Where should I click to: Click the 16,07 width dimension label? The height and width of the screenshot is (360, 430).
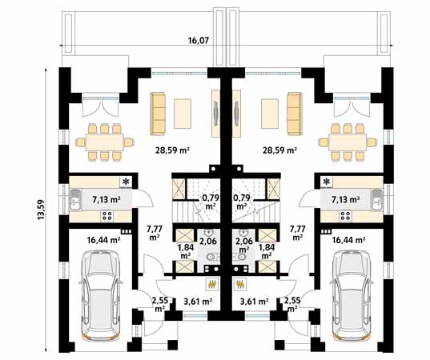click(199, 41)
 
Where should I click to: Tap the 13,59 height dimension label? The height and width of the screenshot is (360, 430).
click(41, 210)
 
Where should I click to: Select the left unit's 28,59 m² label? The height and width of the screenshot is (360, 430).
click(173, 150)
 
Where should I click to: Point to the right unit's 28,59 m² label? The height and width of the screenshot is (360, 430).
click(280, 150)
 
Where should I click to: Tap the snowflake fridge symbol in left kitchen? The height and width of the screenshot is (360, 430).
click(126, 182)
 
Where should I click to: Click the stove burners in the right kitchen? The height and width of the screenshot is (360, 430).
click(345, 216)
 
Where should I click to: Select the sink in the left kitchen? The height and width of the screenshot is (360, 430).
click(74, 200)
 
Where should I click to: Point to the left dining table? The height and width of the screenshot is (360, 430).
click(104, 142)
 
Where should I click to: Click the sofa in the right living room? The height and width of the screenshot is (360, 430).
click(295, 114)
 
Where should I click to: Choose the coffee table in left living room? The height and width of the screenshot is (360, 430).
click(183, 114)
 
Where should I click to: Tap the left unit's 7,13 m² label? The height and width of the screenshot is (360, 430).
click(106, 200)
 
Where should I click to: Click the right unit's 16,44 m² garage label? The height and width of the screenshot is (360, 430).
click(348, 240)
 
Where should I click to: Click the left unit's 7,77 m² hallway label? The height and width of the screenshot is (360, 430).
click(155, 233)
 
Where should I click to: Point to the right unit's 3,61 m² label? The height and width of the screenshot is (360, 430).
click(254, 302)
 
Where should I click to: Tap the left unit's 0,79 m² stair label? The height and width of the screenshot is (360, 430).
click(210, 202)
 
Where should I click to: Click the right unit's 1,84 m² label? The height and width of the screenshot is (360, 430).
click(267, 251)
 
